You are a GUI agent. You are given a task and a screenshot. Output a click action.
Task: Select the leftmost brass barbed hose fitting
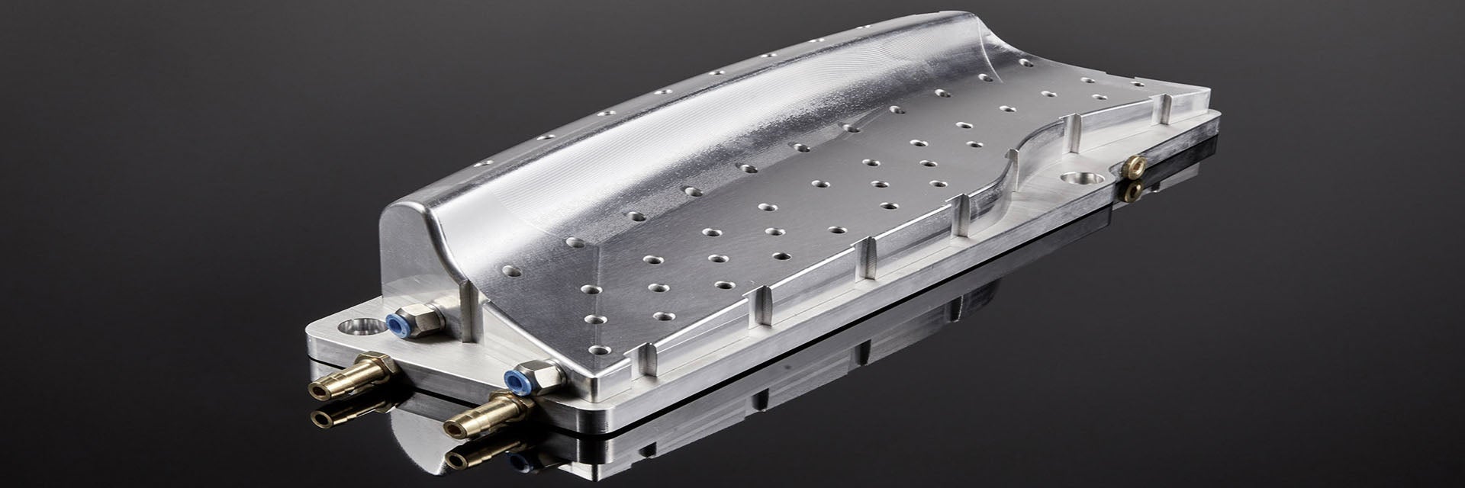pyautogui.click(x=351, y=377)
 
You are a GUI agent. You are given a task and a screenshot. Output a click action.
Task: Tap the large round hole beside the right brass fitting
pyautogui.click(x=1080, y=179)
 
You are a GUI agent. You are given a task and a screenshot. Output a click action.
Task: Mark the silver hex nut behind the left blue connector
pyautogui.click(x=427, y=318)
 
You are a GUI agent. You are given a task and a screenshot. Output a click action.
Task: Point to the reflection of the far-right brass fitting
pyautogui.click(x=1132, y=191)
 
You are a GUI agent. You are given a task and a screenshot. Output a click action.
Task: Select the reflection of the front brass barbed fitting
pyautogui.click(x=477, y=453)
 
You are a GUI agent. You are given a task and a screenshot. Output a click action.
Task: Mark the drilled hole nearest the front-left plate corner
pyautogui.click(x=600, y=350)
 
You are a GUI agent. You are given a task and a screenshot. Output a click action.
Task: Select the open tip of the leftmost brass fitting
pyautogui.click(x=316, y=392)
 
